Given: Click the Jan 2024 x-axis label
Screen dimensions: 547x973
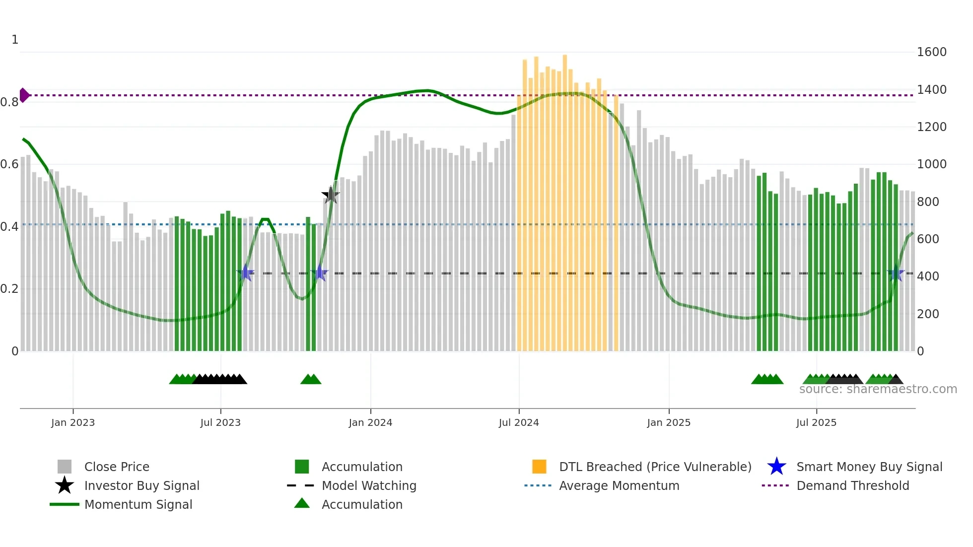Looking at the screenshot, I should pos(370,422).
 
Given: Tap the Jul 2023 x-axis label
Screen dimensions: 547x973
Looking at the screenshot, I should pos(220,422).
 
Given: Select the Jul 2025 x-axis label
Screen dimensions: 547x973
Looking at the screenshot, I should pos(816,422).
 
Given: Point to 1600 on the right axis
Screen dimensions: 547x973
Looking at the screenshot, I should pos(931,52).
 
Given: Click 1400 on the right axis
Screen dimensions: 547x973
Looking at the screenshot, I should pos(931,90).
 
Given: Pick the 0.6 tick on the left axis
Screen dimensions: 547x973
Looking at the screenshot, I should pos(9,164).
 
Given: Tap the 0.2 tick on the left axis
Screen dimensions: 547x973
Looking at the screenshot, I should pos(9,289).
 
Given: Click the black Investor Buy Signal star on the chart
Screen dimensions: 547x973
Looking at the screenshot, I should pos(330,195).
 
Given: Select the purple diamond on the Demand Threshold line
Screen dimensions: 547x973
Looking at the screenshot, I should pos(24,95).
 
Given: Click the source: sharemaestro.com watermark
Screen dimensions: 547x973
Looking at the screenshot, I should pos(878,389).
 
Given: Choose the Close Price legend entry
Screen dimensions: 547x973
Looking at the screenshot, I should pos(116,467).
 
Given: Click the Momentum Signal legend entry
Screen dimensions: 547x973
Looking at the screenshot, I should pos(138,504).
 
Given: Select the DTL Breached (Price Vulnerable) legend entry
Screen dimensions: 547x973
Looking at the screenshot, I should pos(655,467).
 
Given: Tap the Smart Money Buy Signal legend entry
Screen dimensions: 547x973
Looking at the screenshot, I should pos(869,467).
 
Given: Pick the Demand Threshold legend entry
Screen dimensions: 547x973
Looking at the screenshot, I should pos(852,485).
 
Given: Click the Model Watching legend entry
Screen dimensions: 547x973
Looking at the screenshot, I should pos(368,485).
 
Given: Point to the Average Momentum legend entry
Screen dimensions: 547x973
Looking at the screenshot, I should pos(619,485).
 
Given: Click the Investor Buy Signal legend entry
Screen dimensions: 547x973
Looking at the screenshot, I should pos(141,485).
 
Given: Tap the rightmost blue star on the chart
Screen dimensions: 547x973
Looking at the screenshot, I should pos(896,273).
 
